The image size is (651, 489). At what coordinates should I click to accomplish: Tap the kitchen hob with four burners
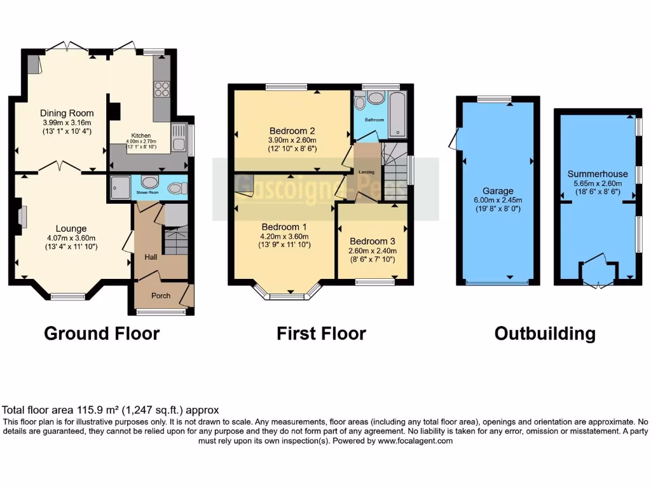(x=160, y=89)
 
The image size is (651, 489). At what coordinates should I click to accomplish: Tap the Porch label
(x=160, y=295)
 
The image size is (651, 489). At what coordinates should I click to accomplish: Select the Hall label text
(x=151, y=257)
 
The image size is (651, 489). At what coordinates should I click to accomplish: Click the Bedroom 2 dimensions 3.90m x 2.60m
(x=292, y=141)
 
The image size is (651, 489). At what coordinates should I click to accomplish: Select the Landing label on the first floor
(x=366, y=172)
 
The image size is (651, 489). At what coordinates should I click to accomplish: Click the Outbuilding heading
(x=545, y=334)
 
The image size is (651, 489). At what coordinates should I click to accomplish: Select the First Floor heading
(x=321, y=334)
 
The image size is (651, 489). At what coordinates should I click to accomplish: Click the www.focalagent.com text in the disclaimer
(x=415, y=441)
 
